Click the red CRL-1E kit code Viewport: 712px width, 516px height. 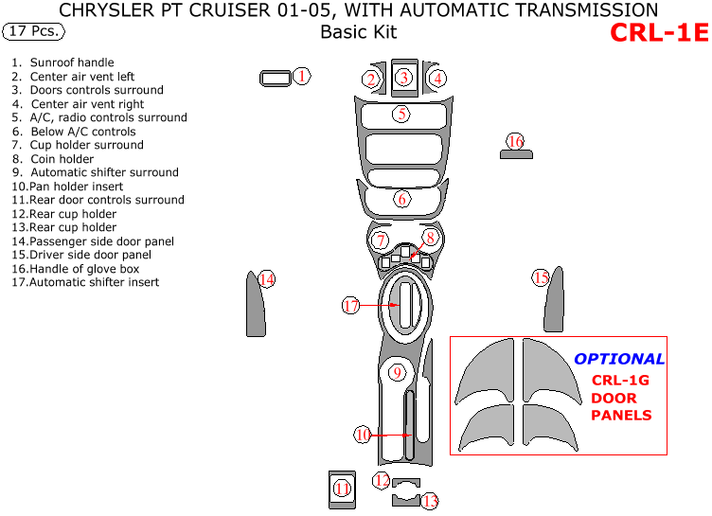click(659, 32)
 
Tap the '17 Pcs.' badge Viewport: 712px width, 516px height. click(34, 31)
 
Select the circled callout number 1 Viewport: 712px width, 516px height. click(301, 76)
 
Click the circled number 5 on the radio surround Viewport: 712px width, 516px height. click(401, 115)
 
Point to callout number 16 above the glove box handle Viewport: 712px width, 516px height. click(515, 142)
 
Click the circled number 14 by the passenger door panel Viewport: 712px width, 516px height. click(267, 279)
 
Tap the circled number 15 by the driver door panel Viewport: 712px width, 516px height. click(541, 277)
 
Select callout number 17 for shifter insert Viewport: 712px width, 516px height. click(351, 306)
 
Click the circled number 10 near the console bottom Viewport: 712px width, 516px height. click(363, 435)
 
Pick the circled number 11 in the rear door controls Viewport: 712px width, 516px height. click(342, 489)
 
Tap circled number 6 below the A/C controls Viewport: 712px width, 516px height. click(402, 199)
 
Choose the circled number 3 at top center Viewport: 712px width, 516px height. click(403, 78)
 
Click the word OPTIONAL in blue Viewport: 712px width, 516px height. click(619, 359)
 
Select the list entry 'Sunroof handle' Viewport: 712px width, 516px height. click(72, 62)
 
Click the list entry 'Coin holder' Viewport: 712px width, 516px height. click(62, 159)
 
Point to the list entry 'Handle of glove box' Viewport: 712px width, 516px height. click(84, 269)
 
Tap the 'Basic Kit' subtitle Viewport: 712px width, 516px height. click(358, 32)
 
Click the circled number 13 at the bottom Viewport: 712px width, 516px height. click(430, 501)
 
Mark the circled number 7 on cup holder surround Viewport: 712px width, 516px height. click(381, 240)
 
